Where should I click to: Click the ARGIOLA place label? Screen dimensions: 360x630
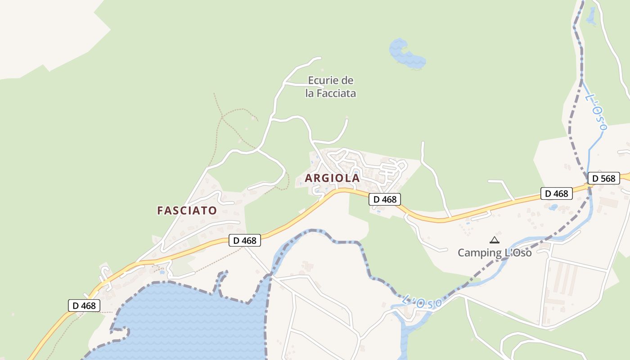pos(332,178)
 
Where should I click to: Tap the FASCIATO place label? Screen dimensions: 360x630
pos(187,210)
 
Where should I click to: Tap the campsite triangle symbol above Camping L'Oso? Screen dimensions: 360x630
pos(495,240)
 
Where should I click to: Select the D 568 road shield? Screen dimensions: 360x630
pos(603,178)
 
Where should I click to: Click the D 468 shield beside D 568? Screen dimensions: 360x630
pos(557,193)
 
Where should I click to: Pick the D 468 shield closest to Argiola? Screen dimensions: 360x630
pos(385,199)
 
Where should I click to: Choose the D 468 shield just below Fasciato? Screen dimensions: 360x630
pos(245,240)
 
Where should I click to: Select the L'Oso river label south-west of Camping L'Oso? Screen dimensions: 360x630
pos(422,302)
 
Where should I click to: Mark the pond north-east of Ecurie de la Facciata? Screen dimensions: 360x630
pos(406,54)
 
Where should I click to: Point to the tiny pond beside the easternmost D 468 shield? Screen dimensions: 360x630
pos(553,207)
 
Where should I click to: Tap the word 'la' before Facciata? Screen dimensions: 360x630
pos(310,94)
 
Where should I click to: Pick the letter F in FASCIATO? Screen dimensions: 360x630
pos(160,210)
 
